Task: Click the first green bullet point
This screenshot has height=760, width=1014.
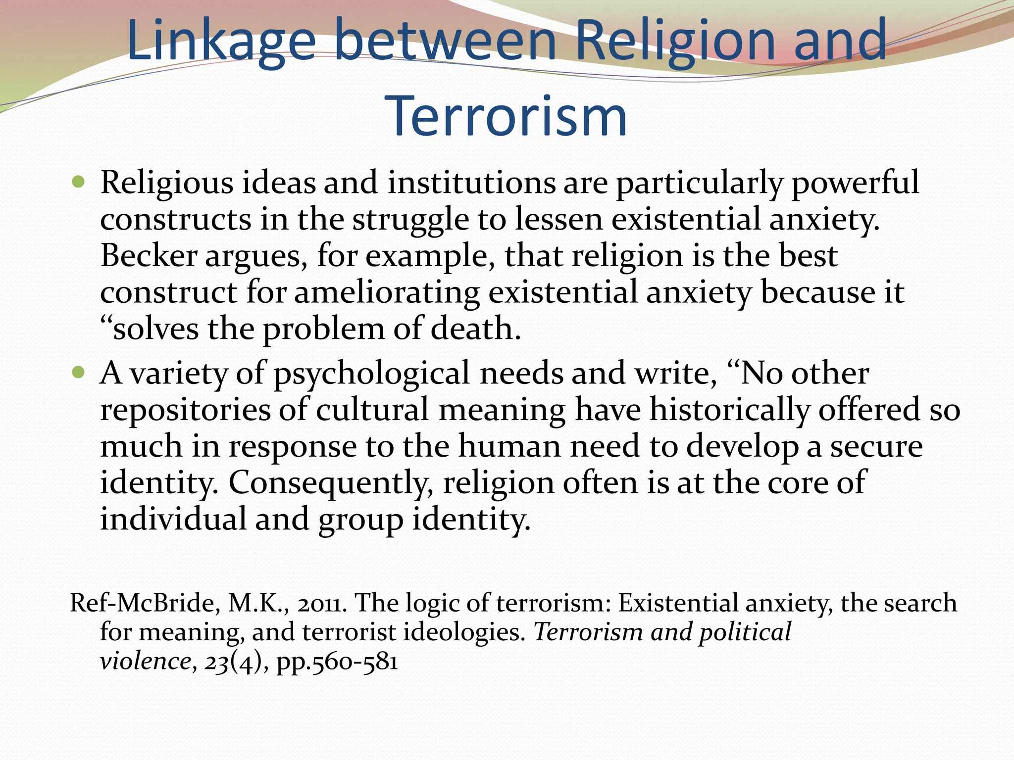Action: coord(78,183)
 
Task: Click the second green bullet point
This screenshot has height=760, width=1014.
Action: coord(78,372)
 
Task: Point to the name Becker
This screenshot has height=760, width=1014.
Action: coord(149,256)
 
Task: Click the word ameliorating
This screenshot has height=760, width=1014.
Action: coord(387,292)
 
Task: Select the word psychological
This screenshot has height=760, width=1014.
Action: coord(371,374)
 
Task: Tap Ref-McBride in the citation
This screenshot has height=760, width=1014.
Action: coord(142,603)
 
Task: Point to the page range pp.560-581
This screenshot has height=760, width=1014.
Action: coord(337,662)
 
